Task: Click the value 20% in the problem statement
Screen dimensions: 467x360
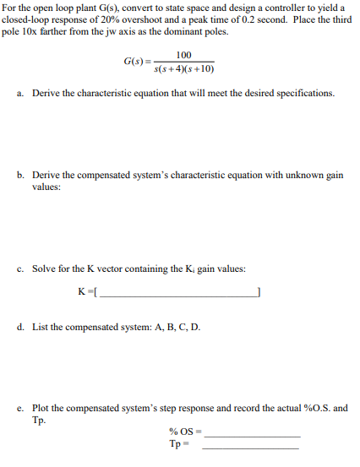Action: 108,21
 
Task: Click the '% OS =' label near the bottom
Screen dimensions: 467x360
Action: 183,432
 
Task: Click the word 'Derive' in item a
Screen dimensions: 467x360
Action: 46,93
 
